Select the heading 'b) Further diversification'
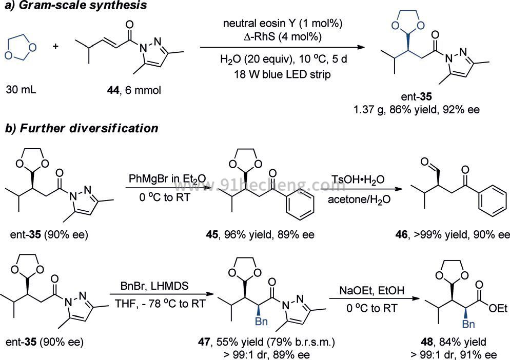(82, 128)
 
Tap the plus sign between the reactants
(55, 47)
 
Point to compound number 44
(113, 90)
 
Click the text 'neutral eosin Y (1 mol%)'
(282, 24)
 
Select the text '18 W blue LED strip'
(282, 74)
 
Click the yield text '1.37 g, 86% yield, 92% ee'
(416, 110)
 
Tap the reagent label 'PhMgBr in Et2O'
(167, 179)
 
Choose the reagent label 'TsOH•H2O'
(358, 179)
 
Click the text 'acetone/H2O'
(359, 199)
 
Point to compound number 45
(212, 234)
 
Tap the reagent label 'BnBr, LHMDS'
(154, 286)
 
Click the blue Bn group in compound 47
(261, 322)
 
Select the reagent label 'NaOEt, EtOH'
(372, 290)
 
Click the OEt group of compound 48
(498, 308)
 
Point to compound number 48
(427, 342)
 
